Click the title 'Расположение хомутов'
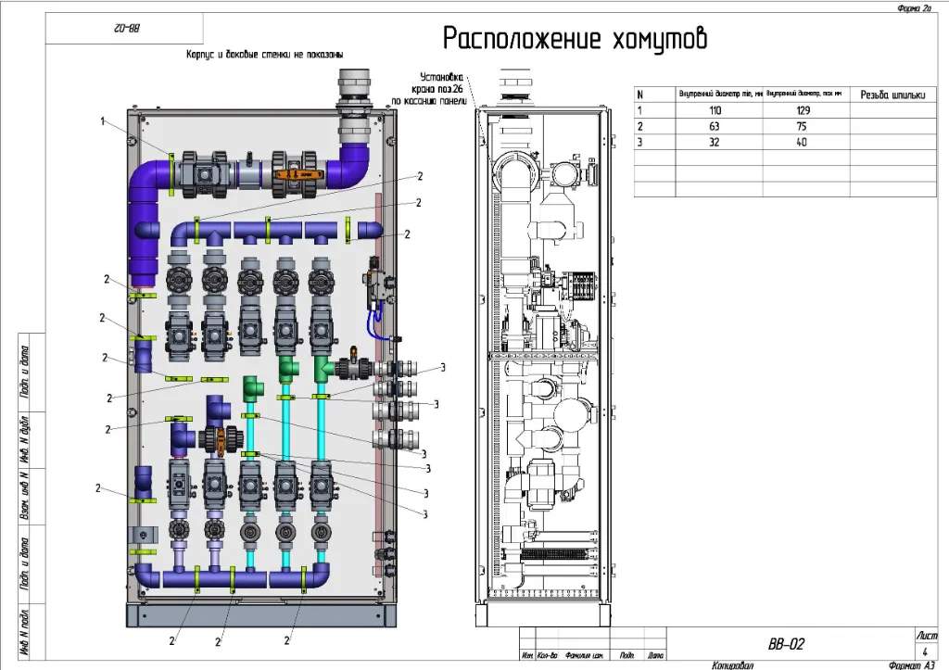click(x=575, y=40)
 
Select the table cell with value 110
click(x=719, y=109)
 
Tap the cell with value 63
click(x=719, y=125)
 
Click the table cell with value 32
click(x=719, y=141)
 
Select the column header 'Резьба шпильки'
click(x=892, y=94)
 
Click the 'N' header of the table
click(x=640, y=94)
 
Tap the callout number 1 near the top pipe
click(x=104, y=121)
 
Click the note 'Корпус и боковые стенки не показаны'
click(x=264, y=55)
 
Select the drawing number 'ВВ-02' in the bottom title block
click(x=787, y=643)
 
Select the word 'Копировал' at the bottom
click(x=733, y=664)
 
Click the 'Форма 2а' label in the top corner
click(x=914, y=7)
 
